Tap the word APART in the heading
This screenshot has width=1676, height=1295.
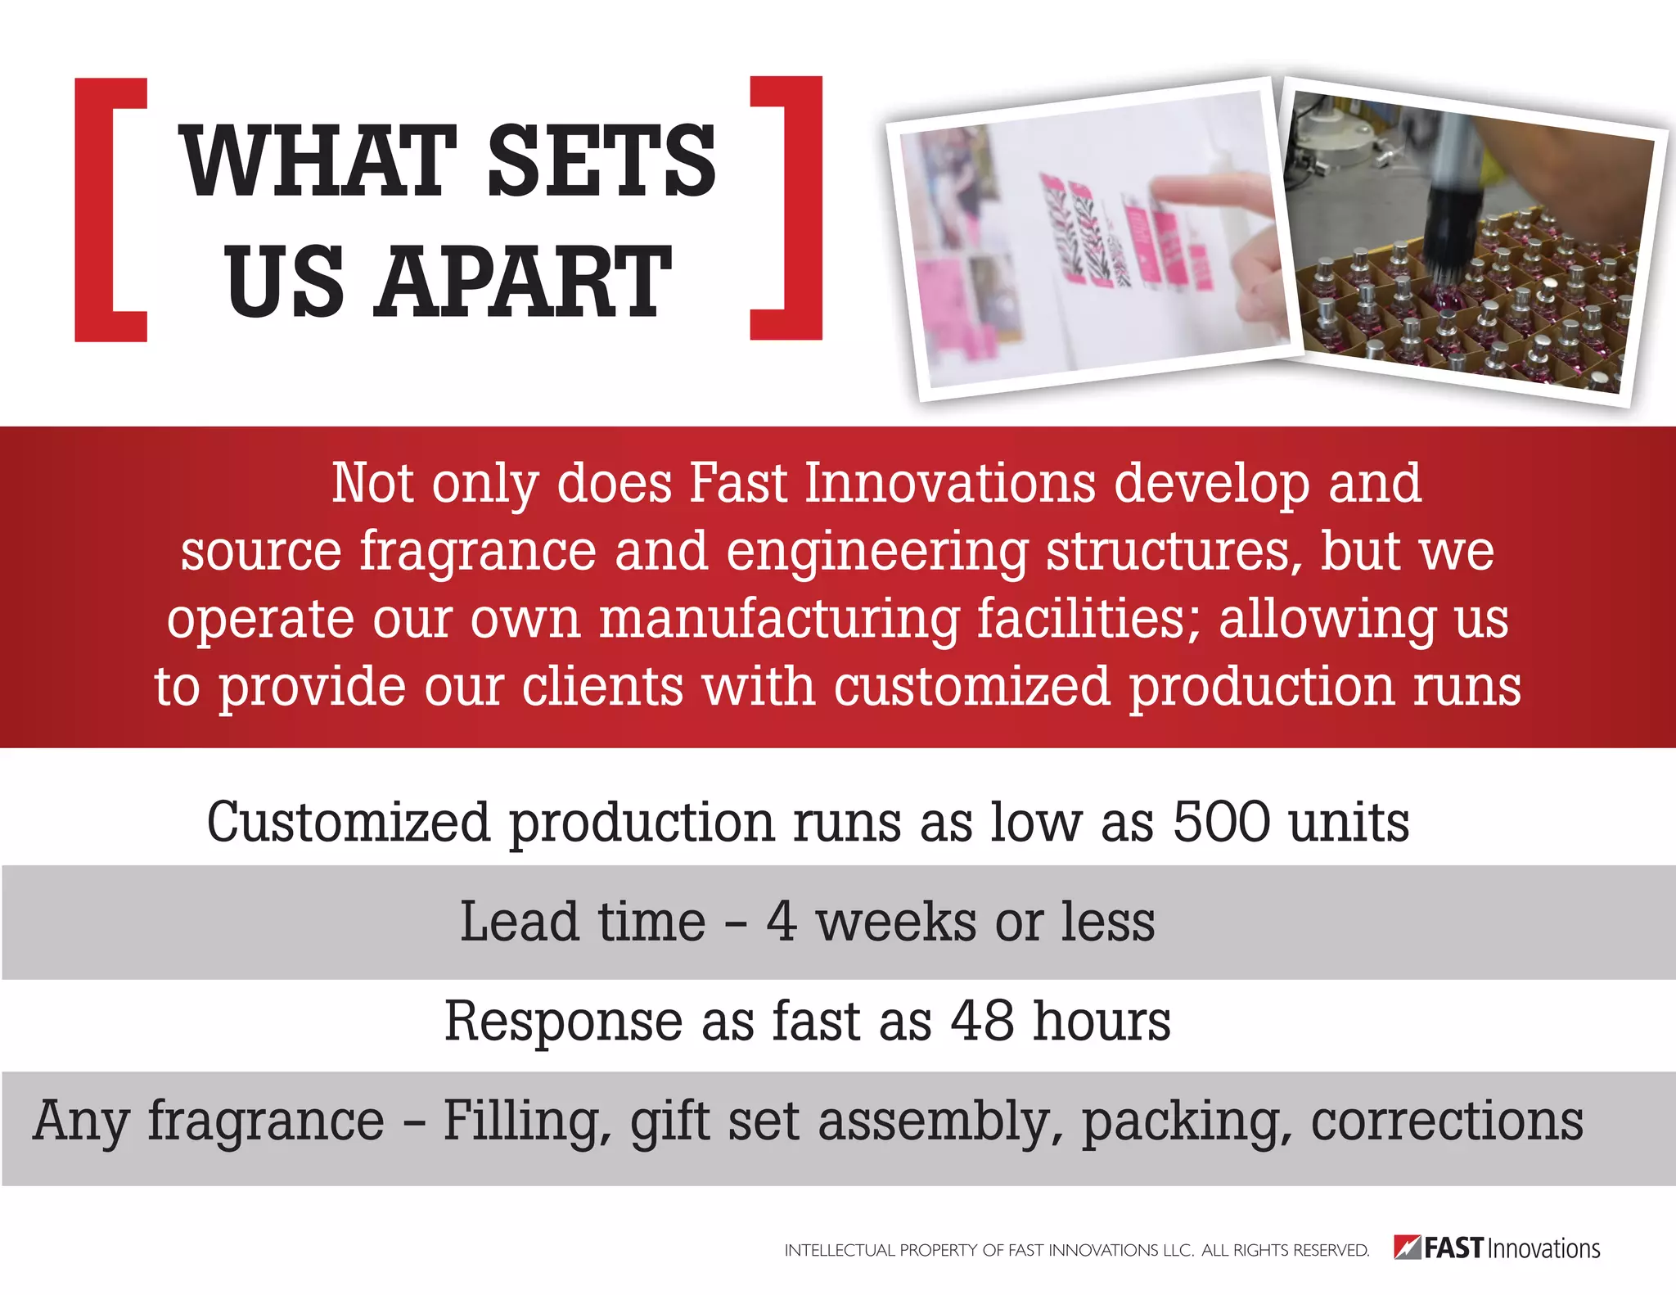pyautogui.click(x=522, y=282)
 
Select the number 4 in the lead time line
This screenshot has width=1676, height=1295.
pyautogui.click(x=782, y=922)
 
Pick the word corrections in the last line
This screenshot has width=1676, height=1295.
pyautogui.click(x=1447, y=1121)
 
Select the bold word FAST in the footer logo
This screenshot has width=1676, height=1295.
pyautogui.click(x=1453, y=1248)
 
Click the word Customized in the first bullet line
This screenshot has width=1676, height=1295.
pyautogui.click(x=348, y=822)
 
